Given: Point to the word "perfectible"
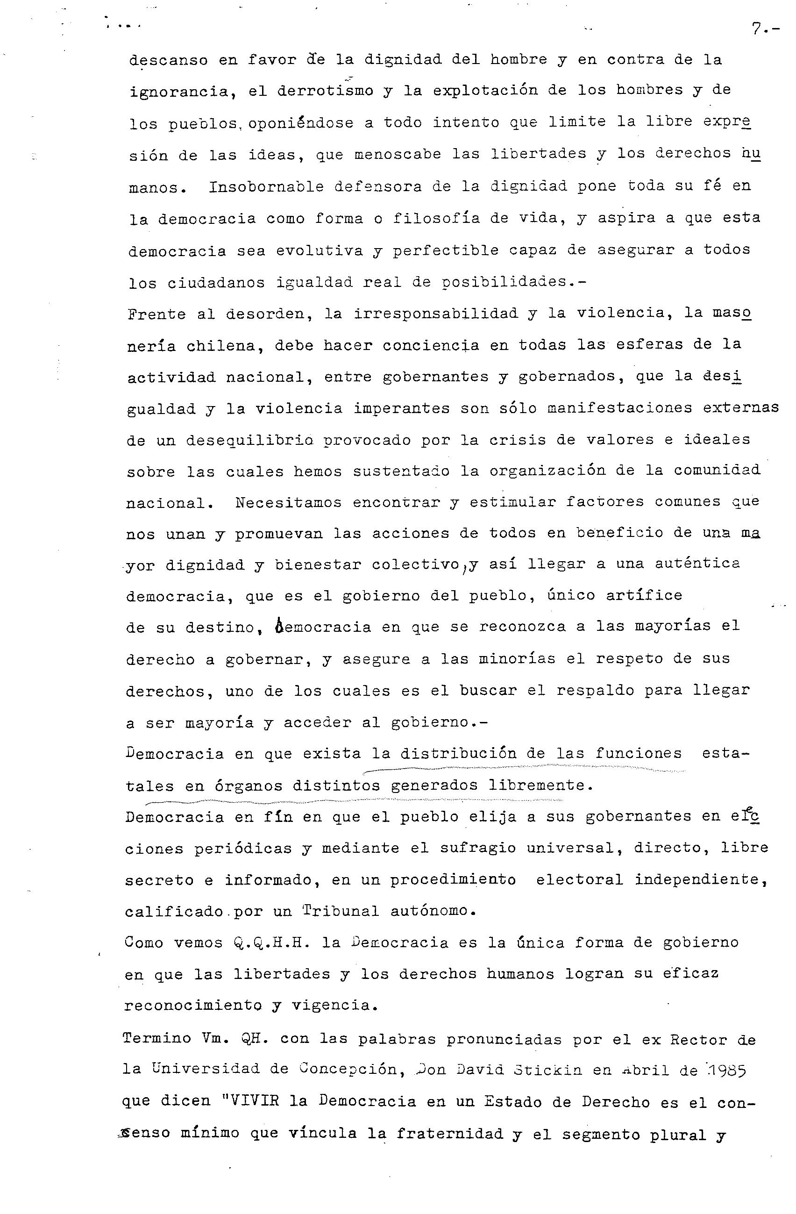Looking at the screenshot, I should pyautogui.click(x=445, y=250).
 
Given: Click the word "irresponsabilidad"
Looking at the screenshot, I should pyautogui.click(x=436, y=313).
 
